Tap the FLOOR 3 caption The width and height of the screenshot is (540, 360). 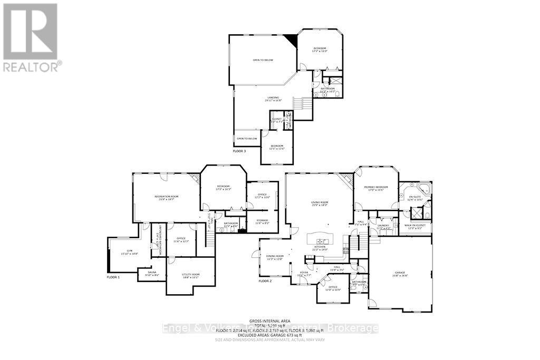pyautogui.click(x=240, y=151)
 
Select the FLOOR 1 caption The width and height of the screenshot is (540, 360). pyautogui.click(x=113, y=277)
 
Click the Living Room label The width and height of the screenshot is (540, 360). pyautogui.click(x=320, y=203)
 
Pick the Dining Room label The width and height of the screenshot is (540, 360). pyautogui.click(x=275, y=257)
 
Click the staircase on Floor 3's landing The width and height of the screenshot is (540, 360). pyautogui.click(x=303, y=103)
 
